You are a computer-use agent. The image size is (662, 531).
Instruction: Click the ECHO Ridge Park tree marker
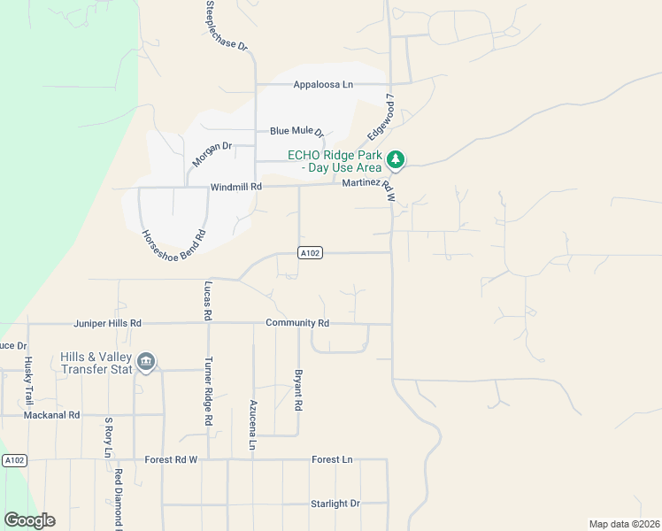tap(396, 160)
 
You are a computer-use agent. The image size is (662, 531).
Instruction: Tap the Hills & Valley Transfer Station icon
tap(147, 362)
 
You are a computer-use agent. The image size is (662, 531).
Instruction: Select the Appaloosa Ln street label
tap(323, 85)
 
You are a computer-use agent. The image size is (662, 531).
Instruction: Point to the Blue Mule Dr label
tap(297, 131)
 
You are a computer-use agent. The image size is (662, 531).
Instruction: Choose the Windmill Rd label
tap(236, 187)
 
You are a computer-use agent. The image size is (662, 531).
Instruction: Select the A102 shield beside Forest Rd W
tap(14, 460)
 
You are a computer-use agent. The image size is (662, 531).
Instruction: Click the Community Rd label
tap(297, 324)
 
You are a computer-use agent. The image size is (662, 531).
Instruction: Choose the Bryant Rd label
tap(299, 389)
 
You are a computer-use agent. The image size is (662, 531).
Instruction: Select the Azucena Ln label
tap(252, 424)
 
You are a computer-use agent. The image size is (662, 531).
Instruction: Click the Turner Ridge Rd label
tap(209, 392)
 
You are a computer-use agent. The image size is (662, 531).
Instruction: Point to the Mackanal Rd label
tap(51, 414)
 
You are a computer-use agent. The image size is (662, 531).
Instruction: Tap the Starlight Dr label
tap(335, 504)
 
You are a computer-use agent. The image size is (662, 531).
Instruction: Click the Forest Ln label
tap(332, 460)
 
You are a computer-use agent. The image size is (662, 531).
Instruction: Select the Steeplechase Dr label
tap(227, 25)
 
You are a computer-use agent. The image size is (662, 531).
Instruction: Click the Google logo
tap(29, 520)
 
